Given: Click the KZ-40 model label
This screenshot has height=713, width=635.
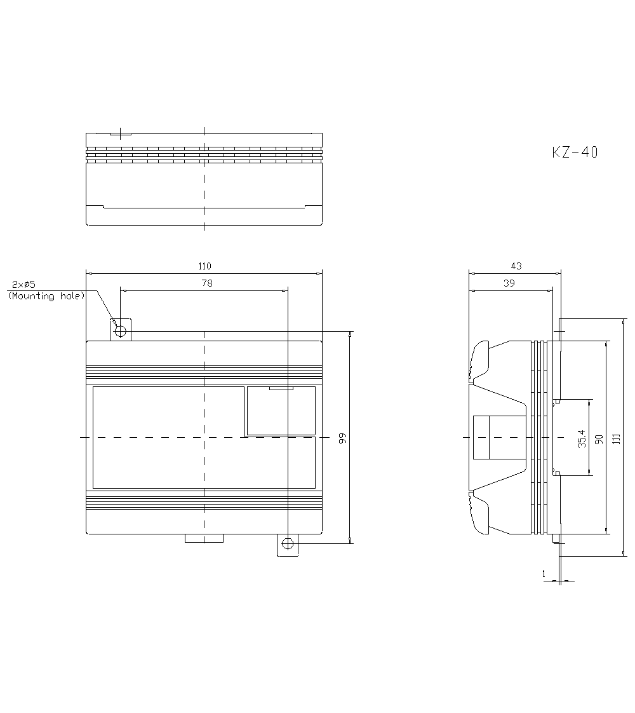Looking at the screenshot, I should tap(574, 153).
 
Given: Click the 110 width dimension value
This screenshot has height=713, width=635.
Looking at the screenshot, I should tap(204, 266).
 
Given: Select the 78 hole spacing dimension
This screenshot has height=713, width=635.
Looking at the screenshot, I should tap(206, 283).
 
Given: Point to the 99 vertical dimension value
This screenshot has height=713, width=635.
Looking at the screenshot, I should tap(343, 437).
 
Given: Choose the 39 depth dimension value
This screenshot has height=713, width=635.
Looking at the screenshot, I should tap(509, 283).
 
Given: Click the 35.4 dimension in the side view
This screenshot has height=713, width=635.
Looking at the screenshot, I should tap(582, 437).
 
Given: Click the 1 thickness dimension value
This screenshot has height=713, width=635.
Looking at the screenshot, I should tap(544, 574).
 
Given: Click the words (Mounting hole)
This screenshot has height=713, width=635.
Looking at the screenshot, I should tap(46, 296).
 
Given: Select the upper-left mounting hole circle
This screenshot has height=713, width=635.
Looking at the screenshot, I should tap(120, 330).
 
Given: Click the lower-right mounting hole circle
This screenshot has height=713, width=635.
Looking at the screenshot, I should tap(288, 543).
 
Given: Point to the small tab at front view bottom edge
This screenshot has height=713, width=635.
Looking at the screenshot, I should tap(204, 538).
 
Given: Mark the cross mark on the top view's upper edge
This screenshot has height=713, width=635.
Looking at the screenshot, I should tap(120, 134).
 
